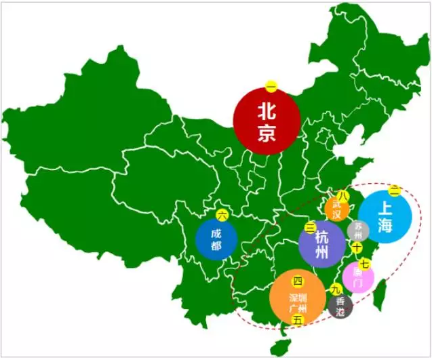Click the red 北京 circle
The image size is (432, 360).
[267, 121]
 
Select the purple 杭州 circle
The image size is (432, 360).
[322, 244]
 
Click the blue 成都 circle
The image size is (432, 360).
[216, 239]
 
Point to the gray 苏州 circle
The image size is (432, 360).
[358, 231]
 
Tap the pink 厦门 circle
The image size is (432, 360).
[357, 278]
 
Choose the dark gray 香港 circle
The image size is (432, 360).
[340, 307]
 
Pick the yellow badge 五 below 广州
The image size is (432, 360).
[298, 321]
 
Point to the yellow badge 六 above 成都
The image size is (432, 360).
[222, 215]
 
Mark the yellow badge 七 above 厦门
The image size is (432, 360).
[364, 264]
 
